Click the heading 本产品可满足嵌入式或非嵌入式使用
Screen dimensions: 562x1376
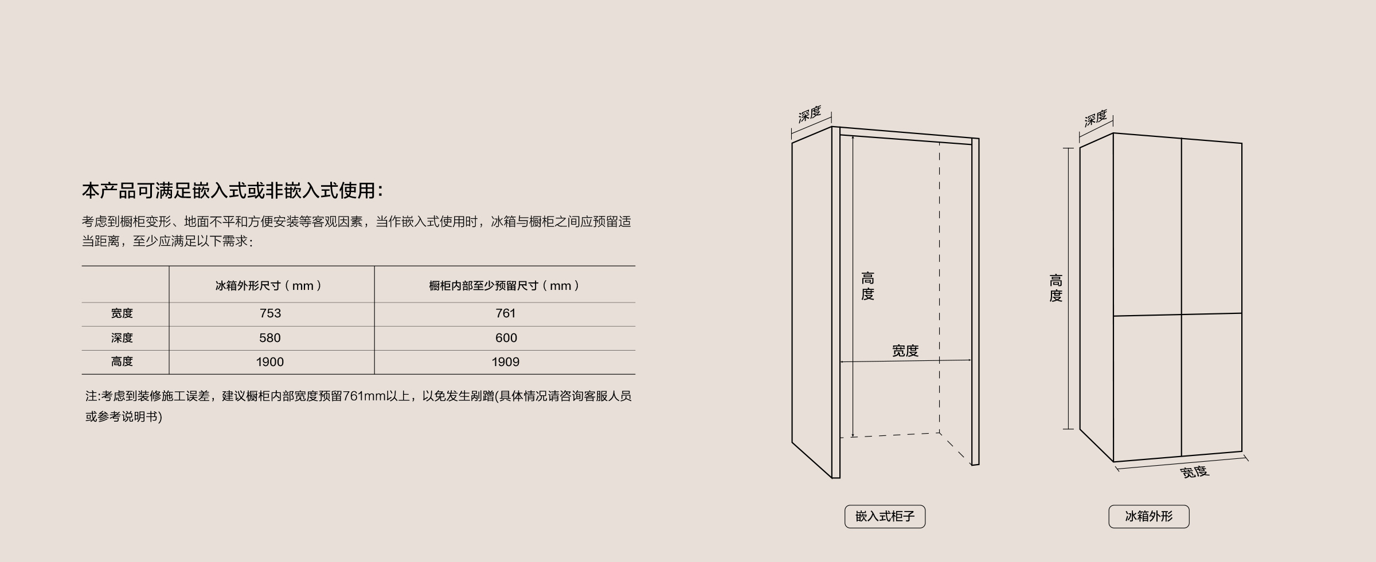coord(232,191)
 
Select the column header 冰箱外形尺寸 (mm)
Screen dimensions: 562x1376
coord(268,285)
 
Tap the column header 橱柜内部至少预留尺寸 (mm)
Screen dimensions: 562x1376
coord(504,285)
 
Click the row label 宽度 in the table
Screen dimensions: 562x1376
coord(122,313)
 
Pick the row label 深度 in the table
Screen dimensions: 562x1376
coord(122,338)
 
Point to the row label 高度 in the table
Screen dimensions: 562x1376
coord(122,361)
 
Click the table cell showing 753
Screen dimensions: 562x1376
coord(270,313)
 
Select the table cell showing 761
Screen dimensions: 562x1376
coord(506,313)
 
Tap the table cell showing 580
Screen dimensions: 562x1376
coord(270,338)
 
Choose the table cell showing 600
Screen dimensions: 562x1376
coord(506,338)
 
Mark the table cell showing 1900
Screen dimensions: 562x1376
coord(270,362)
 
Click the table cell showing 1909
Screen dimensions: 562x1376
coord(506,362)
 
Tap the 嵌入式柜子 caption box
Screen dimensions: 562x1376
coord(885,516)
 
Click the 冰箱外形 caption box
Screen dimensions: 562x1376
coord(1149,516)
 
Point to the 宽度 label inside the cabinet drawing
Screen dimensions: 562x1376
coord(905,351)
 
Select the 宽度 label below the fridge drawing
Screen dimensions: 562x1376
coord(1195,472)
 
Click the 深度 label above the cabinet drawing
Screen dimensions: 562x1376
coord(810,114)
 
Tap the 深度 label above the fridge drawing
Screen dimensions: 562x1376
coord(1096,119)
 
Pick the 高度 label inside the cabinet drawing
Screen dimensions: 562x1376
coord(867,286)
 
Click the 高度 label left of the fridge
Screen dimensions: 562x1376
coord(1056,288)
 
